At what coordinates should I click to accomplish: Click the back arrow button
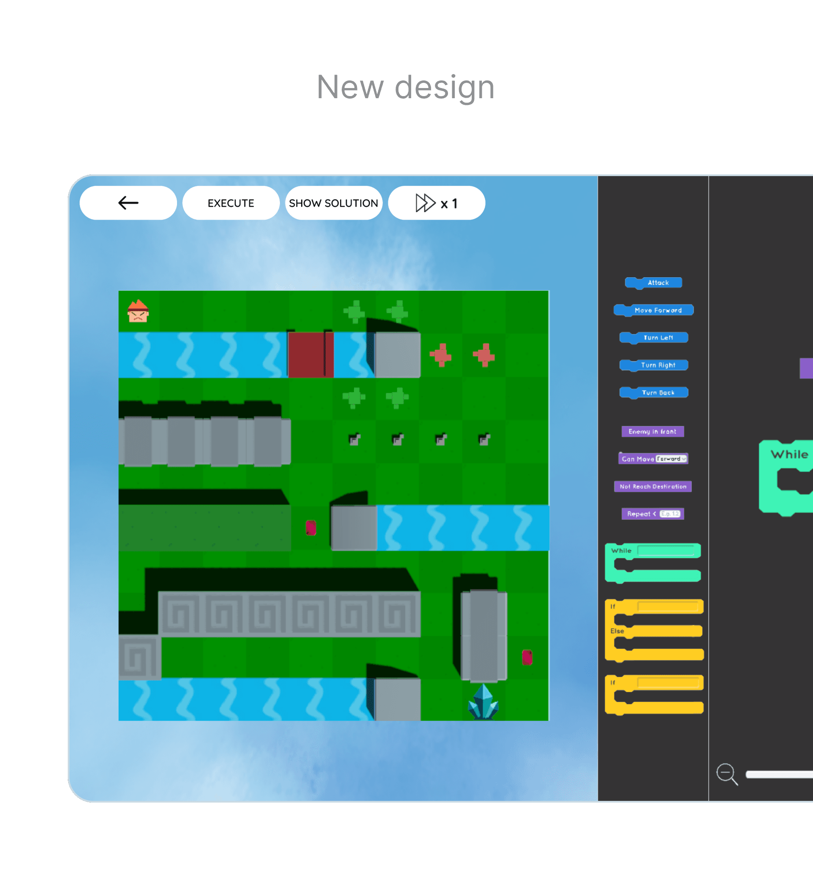[x=128, y=203]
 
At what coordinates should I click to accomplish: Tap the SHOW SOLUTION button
[x=333, y=203]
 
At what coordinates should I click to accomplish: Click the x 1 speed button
[x=436, y=203]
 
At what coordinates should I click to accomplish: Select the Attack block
[x=657, y=282]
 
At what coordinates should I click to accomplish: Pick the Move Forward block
[x=657, y=310]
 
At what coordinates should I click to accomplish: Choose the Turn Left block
[x=657, y=337]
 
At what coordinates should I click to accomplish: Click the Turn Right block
[x=657, y=365]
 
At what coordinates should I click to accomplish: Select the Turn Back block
[x=657, y=392]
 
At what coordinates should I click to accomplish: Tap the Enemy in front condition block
[x=652, y=432]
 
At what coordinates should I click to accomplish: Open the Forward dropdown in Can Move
[x=671, y=459]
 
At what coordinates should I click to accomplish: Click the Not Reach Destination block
[x=653, y=486]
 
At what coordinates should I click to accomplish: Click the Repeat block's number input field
[x=670, y=513]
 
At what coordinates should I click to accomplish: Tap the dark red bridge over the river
[x=310, y=354]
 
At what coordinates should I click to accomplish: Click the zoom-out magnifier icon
[x=726, y=773]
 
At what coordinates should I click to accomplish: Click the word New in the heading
[x=350, y=87]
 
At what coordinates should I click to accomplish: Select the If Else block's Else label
[x=617, y=631]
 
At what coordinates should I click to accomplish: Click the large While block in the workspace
[x=788, y=455]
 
